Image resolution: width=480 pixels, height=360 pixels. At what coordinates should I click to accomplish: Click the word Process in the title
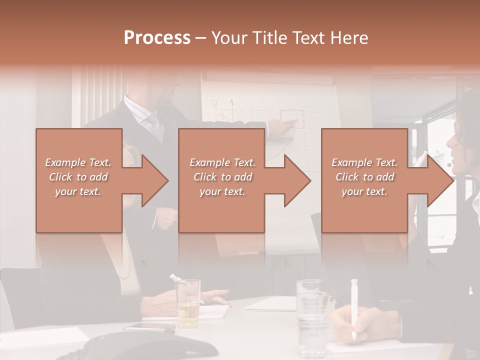157,38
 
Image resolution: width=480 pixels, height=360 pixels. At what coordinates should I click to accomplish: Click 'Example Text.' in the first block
78,162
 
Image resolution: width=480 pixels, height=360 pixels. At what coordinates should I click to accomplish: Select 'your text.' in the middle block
222,191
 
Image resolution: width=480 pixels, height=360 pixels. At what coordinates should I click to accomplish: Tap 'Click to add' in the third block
365,177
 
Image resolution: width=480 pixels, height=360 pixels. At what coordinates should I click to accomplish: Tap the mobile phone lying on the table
149,327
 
